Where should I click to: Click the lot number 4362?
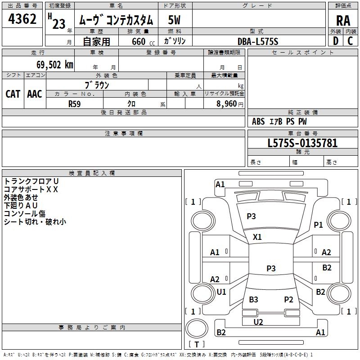pyautogui.click(x=22, y=19)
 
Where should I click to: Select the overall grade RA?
pyautogui.click(x=343, y=21)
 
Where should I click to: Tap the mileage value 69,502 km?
pyautogui.click(x=55, y=65)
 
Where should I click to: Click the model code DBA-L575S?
pyautogui.click(x=258, y=41)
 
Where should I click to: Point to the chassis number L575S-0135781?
pyautogui.click(x=302, y=143)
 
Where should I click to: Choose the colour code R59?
pyautogui.click(x=74, y=104)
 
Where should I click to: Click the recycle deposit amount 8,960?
pyautogui.click(x=227, y=104)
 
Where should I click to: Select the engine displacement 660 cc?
pyautogui.click(x=143, y=41)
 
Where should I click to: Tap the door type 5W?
pyautogui.click(x=174, y=20)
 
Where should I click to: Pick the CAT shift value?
pyautogui.click(x=13, y=94)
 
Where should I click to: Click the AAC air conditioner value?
pyautogui.click(x=35, y=94)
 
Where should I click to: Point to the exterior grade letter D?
pyautogui.click(x=336, y=41)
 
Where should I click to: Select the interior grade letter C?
pyautogui.click(x=350, y=41)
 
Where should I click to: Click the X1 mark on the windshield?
pyautogui.click(x=257, y=237)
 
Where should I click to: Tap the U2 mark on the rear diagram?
pyautogui.click(x=258, y=322)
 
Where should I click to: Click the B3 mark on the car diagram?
pyautogui.click(x=254, y=299)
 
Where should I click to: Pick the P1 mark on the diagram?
pyautogui.click(x=319, y=225)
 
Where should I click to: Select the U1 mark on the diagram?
pyautogui.click(x=221, y=292)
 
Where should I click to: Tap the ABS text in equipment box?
pyautogui.click(x=258, y=121)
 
